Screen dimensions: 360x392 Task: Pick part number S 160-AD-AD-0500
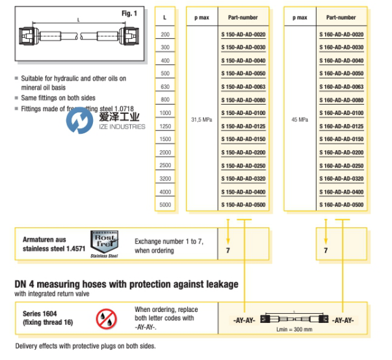pyautogui.click(x=341, y=205)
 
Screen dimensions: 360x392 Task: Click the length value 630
pyautogui.click(x=165, y=86)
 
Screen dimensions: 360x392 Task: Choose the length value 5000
pyautogui.click(x=165, y=205)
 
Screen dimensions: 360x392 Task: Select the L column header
pyautogui.click(x=165, y=18)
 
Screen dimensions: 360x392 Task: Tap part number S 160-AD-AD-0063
pyautogui.click(x=341, y=86)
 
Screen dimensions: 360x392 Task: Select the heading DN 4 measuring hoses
pyautogui.click(x=127, y=284)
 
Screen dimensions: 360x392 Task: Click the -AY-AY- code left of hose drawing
pyautogui.click(x=243, y=320)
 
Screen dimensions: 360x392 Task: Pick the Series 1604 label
pyautogui.click(x=41, y=313)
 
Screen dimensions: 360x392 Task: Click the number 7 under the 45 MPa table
pyautogui.click(x=326, y=250)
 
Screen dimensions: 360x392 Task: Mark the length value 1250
pyautogui.click(x=165, y=125)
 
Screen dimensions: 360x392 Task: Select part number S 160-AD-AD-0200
pyautogui.click(x=341, y=152)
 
